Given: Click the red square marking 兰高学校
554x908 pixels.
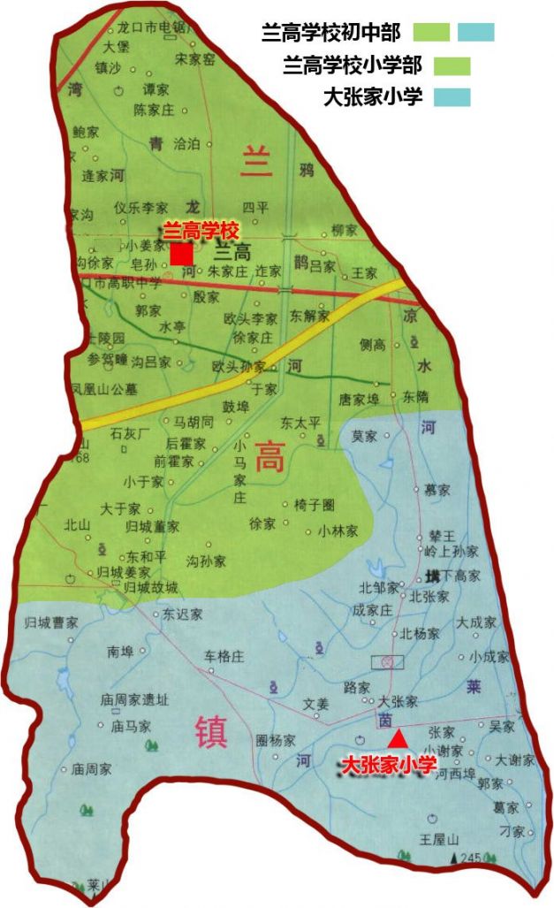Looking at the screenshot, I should [x=182, y=254].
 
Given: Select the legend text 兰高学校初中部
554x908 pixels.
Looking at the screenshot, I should [x=331, y=34].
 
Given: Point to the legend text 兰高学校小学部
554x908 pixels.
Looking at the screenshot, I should [x=352, y=65].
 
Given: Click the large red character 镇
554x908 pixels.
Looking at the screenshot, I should [x=210, y=733].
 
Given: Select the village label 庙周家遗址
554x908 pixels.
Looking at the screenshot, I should [x=133, y=700].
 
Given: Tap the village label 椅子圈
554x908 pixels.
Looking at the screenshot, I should [x=315, y=505].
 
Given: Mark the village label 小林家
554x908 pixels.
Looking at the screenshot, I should [x=338, y=531].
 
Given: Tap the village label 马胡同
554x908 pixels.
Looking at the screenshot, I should [x=194, y=423].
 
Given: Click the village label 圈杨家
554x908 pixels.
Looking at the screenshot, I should [x=275, y=740].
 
